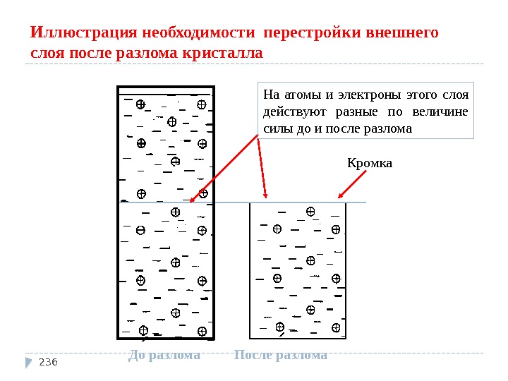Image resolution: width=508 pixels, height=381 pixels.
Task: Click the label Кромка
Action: pyautogui.click(x=370, y=164)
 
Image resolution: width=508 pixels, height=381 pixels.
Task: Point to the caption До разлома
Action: pyautogui.click(x=164, y=355)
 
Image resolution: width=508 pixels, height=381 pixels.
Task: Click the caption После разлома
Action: pyautogui.click(x=280, y=355)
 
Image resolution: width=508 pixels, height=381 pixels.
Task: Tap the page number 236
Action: pyautogui.click(x=47, y=363)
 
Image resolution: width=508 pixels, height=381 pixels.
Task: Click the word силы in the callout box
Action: pyautogui.click(x=274, y=129)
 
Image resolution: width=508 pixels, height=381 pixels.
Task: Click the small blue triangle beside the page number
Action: pyautogui.click(x=29, y=362)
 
